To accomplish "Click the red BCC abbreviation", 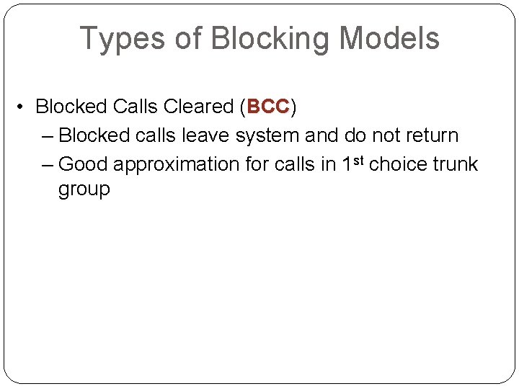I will click(267, 107).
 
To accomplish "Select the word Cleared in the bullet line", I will click(198, 107).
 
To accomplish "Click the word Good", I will click(83, 164).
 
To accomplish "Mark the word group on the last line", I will click(84, 191).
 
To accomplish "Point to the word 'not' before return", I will click(381, 135).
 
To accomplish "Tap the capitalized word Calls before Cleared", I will click(136, 107).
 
